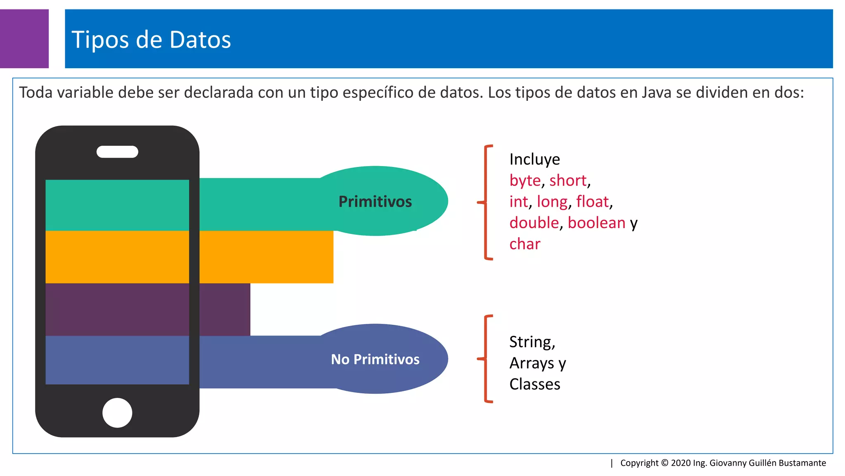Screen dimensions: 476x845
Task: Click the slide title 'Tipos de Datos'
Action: click(x=151, y=40)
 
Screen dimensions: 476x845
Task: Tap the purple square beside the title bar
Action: click(x=24, y=38)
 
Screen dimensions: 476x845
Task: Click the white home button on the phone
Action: click(x=117, y=412)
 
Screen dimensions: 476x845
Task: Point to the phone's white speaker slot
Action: click(x=117, y=152)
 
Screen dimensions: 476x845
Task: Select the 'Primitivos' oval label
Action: click(x=375, y=201)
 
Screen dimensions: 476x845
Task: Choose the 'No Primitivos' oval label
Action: click(x=375, y=359)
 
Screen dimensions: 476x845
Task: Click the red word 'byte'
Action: click(x=525, y=181)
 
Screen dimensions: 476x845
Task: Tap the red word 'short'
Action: click(x=568, y=181)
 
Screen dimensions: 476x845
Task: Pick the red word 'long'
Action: click(x=552, y=202)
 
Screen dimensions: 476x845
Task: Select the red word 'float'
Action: click(x=592, y=202)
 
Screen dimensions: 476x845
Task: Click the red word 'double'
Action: click(x=534, y=223)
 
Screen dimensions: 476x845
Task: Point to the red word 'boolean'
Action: click(x=597, y=223)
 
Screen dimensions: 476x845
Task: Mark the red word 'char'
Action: click(x=525, y=244)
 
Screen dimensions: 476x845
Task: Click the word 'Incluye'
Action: click(x=535, y=159)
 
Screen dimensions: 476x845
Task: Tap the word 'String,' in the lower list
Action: click(x=532, y=342)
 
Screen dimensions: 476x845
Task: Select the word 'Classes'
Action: click(x=535, y=384)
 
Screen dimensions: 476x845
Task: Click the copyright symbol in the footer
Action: click(x=665, y=463)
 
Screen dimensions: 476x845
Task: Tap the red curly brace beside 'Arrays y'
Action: click(x=486, y=359)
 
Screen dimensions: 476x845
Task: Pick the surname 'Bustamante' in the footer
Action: click(x=802, y=463)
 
